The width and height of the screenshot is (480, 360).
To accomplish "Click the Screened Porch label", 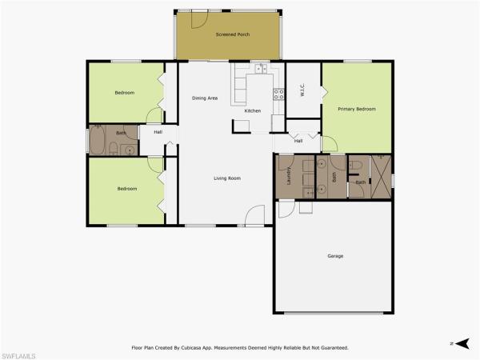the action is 233,34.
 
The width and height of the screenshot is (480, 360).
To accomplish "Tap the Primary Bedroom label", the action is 357,109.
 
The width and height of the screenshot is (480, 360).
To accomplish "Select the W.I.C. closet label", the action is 302,90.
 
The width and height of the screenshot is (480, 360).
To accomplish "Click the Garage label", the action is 335,256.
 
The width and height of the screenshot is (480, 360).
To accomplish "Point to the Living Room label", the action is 227,178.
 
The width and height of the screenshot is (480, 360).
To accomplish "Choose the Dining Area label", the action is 205,98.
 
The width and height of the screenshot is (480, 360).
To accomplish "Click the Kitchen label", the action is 253,111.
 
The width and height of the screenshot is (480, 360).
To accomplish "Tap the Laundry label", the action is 289,176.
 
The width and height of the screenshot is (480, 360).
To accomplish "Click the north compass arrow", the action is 462,343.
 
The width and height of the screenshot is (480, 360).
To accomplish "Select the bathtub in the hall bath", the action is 97,141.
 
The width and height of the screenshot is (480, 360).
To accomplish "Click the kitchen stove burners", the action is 278,94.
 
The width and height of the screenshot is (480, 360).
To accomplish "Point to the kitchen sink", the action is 261,69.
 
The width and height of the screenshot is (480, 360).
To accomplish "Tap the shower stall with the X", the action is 381,177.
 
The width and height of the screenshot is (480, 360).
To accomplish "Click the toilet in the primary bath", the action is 356,166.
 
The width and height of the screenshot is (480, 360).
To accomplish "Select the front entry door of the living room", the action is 254,216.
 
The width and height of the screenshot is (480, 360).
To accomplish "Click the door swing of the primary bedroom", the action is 330,144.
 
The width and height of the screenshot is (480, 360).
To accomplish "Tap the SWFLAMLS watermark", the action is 18,356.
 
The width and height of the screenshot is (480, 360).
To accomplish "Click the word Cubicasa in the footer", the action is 191,348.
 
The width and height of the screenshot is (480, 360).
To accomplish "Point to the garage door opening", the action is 334,313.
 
